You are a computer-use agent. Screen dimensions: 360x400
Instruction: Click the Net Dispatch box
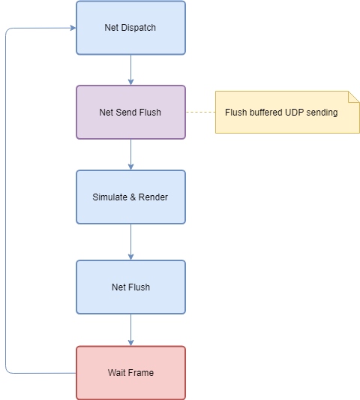tap(130, 28)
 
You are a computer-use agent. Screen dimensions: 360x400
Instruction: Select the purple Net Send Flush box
tap(130, 113)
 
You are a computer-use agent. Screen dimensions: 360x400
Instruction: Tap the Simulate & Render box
tap(130, 197)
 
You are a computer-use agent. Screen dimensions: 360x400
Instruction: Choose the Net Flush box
tap(130, 287)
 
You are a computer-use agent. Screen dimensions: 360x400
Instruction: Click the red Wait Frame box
tap(130, 373)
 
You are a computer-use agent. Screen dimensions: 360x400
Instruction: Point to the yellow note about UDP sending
tap(287, 112)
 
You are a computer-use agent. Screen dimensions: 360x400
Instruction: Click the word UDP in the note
tap(294, 113)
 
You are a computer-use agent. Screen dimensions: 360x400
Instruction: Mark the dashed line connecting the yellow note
tap(201, 112)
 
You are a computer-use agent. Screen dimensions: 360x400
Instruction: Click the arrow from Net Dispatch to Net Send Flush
tap(130, 70)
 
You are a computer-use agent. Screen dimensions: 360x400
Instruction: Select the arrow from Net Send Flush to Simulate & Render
tap(130, 155)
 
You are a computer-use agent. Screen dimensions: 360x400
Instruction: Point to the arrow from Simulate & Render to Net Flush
tap(130, 242)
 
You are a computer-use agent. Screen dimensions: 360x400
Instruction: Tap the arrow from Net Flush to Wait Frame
tap(130, 330)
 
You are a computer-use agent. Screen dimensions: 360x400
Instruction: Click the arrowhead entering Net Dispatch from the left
tap(73, 28)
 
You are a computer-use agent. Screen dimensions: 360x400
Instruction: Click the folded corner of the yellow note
tap(354, 96)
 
